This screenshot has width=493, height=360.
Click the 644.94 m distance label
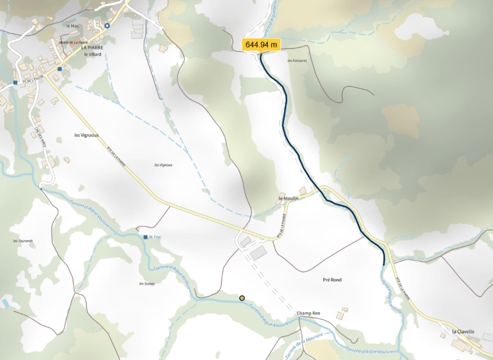(x=261, y=45)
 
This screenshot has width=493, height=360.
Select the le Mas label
(x=73, y=26)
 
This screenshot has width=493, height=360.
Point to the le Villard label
(x=92, y=54)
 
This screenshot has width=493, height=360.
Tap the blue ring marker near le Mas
(x=107, y=26)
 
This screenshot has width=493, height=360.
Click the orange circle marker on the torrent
(x=242, y=298)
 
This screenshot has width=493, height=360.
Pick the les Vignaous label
(x=87, y=135)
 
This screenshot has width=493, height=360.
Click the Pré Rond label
(x=332, y=280)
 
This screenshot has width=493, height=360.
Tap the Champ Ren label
(x=309, y=313)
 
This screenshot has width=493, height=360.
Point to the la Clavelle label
(x=463, y=332)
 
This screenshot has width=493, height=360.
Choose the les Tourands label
(x=23, y=241)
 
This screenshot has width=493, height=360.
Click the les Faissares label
(x=297, y=61)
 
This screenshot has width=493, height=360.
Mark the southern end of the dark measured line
(x=383, y=265)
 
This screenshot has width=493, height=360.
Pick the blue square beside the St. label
(x=145, y=237)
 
